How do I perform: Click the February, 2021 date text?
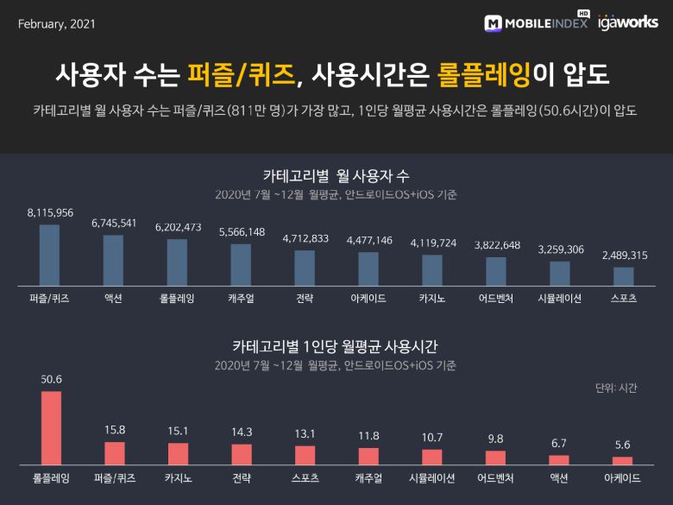pos(56,23)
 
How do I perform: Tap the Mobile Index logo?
pos(536,23)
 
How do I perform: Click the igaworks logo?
pos(627,22)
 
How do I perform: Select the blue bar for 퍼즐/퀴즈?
pos(49,255)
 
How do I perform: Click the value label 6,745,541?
pos(114,224)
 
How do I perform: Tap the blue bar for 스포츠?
pos(623,275)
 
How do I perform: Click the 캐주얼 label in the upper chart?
pos(241,299)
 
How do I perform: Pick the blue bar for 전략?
pos(305,268)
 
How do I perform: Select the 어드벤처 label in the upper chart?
pos(496,299)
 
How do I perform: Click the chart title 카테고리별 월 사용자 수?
pos(336,175)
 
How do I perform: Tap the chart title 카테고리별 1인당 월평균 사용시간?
pos(336,346)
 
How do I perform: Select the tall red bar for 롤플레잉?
pos(51,428)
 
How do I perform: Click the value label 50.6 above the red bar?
pos(51,379)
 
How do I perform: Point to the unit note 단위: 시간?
pos(616,388)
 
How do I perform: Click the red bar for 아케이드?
pos(623,460)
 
